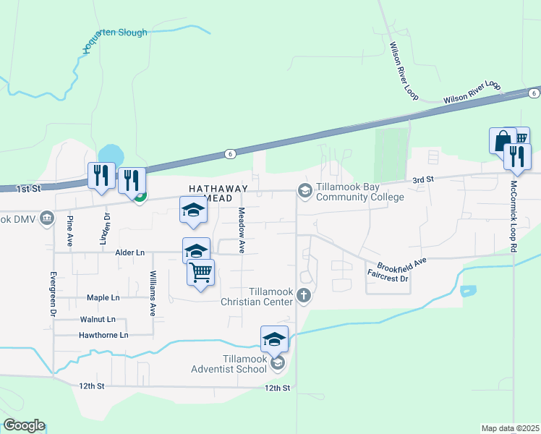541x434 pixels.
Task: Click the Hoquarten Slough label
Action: click(x=114, y=33)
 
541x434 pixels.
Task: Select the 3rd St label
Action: click(x=422, y=179)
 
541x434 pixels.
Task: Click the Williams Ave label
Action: click(x=153, y=294)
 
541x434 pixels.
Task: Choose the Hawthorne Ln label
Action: click(x=103, y=335)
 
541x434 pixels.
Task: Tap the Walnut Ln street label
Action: click(x=98, y=319)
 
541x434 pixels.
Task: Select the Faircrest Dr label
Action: click(x=388, y=276)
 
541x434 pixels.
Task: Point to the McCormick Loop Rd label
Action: click(x=513, y=215)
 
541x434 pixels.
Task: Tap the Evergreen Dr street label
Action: click(x=53, y=294)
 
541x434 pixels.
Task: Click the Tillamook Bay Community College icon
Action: click(x=304, y=190)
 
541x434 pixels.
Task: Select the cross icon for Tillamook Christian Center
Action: click(x=304, y=295)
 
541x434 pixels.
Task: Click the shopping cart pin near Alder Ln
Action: click(x=200, y=273)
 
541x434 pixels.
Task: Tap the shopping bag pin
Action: click(x=502, y=141)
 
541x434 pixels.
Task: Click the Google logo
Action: click(x=24, y=425)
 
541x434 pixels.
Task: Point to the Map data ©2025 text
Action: click(x=509, y=428)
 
